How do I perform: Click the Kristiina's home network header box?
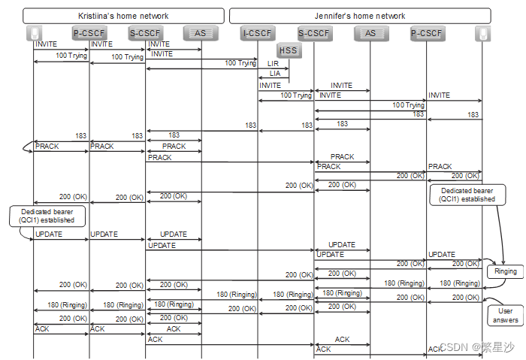(124, 16)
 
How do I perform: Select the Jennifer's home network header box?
(359, 16)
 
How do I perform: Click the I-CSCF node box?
(258, 33)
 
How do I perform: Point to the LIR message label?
(273, 64)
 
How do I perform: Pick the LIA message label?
(273, 74)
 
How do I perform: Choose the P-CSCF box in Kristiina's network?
(89, 33)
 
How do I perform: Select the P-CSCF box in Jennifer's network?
(427, 33)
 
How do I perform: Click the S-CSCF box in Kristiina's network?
(146, 33)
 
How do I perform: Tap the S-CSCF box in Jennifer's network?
(313, 33)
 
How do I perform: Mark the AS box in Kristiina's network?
(201, 33)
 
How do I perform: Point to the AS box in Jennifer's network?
(370, 33)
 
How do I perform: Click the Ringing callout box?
(505, 272)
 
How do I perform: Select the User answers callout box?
(506, 316)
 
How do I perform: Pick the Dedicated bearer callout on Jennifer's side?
(467, 195)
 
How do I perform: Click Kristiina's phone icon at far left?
(34, 33)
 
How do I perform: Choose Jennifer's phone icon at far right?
(482, 33)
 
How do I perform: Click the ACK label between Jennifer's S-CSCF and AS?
(342, 340)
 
